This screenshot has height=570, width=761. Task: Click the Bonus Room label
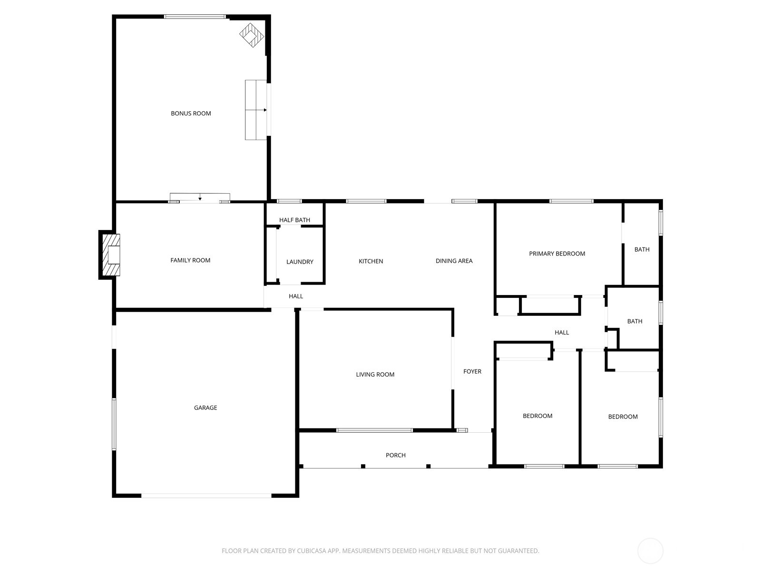tap(191, 114)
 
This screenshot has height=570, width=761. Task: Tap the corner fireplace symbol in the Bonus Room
tap(252, 35)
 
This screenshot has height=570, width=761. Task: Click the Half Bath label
tap(294, 220)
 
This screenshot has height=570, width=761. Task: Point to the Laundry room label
tap(300, 262)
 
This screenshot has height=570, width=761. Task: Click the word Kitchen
tap(371, 261)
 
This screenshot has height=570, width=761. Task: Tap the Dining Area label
tap(454, 261)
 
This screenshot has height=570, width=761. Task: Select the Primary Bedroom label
tap(557, 254)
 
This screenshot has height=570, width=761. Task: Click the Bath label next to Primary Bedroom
tap(642, 249)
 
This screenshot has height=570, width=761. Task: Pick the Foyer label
tap(472, 371)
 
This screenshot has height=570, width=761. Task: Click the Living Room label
tap(375, 374)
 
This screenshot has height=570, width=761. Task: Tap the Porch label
tap(395, 455)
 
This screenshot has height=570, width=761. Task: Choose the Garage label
tap(205, 408)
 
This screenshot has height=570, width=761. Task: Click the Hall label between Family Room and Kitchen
tap(296, 296)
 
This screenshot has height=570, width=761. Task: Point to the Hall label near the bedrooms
tap(562, 332)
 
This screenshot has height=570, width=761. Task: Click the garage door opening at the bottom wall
tap(206, 495)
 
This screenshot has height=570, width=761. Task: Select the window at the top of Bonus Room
tap(195, 17)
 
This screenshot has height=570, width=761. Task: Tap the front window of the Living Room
tap(374, 430)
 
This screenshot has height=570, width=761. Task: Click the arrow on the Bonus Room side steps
tap(264, 110)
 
